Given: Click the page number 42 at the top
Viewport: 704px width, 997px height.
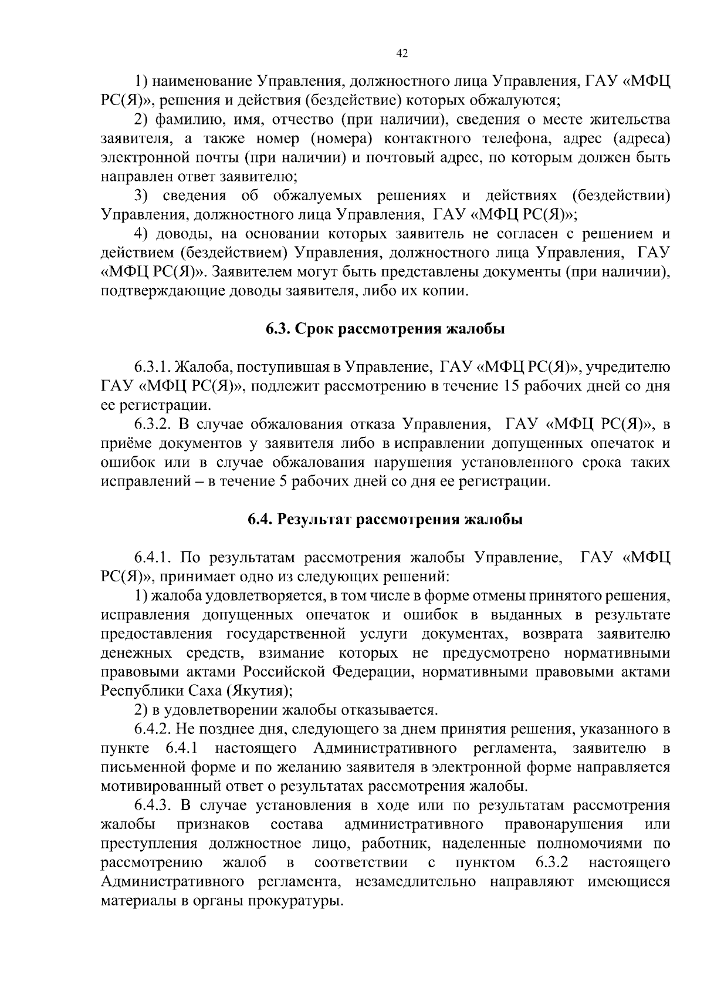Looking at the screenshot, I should point(402,53).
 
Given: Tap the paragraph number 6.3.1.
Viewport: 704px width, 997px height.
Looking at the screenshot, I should point(153,368).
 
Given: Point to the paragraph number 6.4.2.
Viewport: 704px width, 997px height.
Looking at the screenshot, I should point(153,730).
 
